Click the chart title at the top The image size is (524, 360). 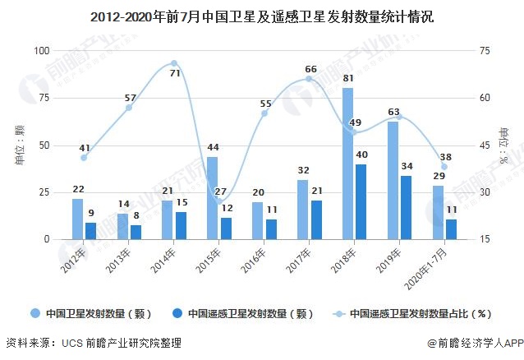(261, 16)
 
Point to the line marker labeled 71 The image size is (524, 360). (174, 63)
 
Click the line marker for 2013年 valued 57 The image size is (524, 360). (129, 108)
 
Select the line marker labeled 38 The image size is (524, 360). (444, 167)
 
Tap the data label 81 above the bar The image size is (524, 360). (348, 80)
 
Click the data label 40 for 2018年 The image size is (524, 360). (361, 155)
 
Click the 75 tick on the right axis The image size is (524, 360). (485, 51)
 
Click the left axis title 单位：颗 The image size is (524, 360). (20, 145)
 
